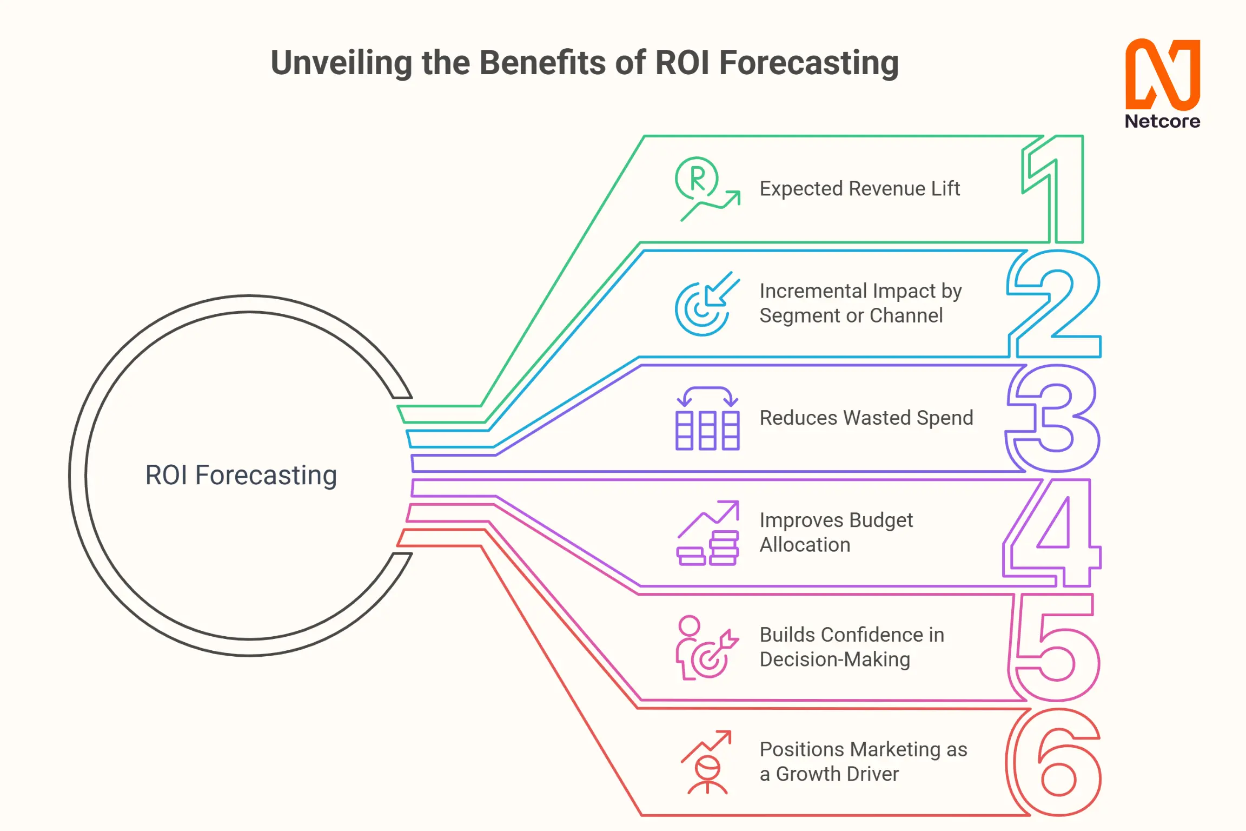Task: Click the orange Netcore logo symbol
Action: coord(1163,74)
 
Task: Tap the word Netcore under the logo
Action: coord(1163,121)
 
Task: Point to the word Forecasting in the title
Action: coord(809,63)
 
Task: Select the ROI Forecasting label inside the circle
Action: coord(241,476)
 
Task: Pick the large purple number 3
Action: coord(1052,418)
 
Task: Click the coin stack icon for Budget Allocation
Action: coord(707,533)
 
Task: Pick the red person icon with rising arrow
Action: coord(706,762)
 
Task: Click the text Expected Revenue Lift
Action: coord(860,189)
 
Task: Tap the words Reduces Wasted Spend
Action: coord(866,418)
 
